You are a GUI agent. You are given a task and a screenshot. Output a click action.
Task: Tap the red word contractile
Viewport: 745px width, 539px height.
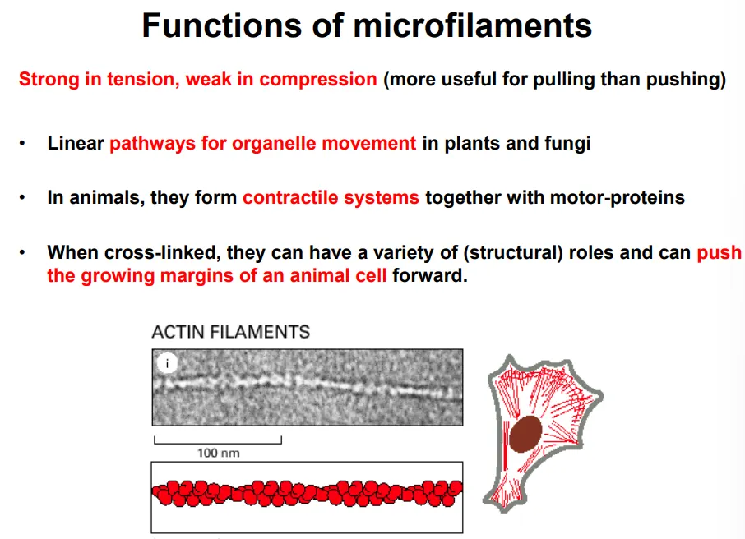(x=285, y=198)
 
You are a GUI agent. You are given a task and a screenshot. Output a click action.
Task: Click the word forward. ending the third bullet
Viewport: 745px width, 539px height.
(x=429, y=275)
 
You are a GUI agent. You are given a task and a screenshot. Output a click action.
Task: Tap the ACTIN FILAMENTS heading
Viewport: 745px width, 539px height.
(x=230, y=332)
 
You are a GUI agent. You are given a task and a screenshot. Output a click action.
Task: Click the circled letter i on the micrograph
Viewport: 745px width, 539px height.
(x=167, y=364)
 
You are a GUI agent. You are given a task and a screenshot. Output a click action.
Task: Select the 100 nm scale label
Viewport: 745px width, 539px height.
(x=219, y=452)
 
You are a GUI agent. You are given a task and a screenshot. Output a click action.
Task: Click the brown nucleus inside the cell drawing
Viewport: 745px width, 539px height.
(x=525, y=434)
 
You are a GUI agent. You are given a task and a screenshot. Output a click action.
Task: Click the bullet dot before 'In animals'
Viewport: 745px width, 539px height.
(x=24, y=199)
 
